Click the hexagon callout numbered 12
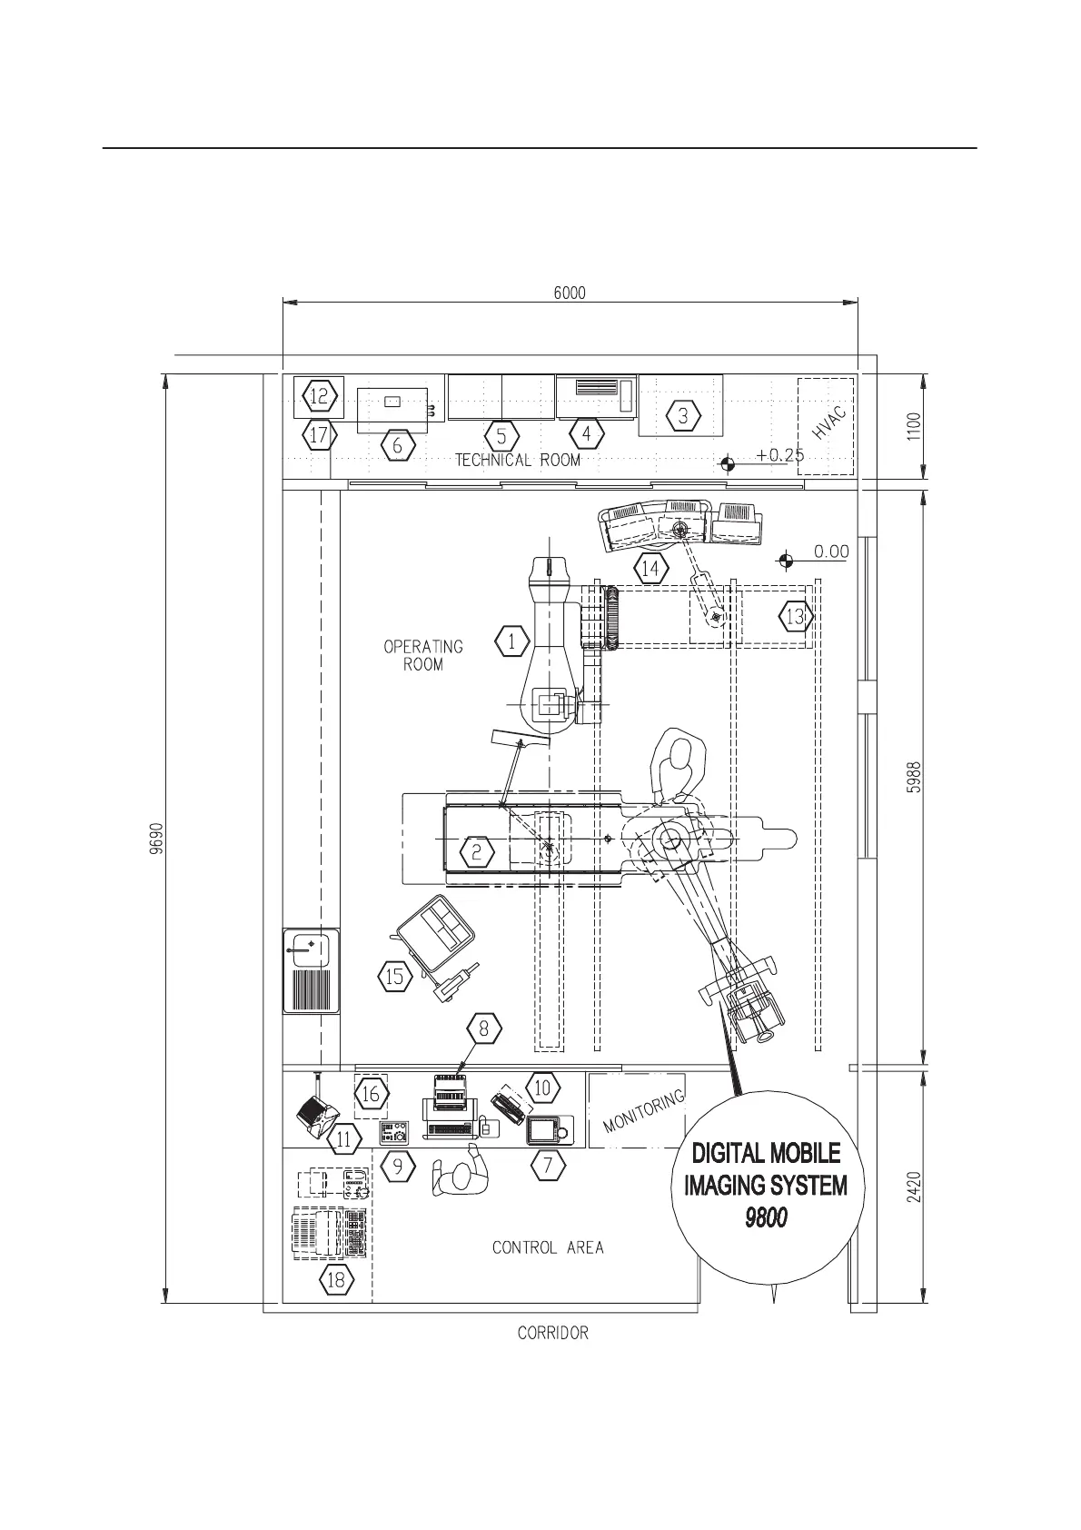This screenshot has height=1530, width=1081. (x=319, y=396)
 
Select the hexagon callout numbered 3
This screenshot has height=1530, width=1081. (x=684, y=416)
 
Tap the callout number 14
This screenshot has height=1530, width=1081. (x=650, y=570)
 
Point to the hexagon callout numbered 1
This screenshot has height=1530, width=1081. (x=512, y=641)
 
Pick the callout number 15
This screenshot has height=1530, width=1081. (x=395, y=978)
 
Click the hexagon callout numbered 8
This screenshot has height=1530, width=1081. (x=484, y=1028)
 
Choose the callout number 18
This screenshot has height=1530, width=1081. (x=336, y=1280)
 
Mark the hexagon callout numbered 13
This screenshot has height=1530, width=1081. (x=795, y=617)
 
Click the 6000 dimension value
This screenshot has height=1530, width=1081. (x=570, y=293)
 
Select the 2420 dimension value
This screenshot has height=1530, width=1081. (x=915, y=1187)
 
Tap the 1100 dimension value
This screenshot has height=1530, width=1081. (x=915, y=427)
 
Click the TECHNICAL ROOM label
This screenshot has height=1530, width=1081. (x=518, y=460)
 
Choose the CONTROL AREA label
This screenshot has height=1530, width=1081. (x=548, y=1247)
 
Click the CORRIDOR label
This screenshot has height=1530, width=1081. (x=552, y=1334)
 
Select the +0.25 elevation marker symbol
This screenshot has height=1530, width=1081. (x=726, y=464)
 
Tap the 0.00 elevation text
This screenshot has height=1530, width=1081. (x=830, y=551)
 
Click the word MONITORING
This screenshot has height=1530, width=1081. (x=643, y=1112)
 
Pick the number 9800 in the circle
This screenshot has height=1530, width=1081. (x=766, y=1217)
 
